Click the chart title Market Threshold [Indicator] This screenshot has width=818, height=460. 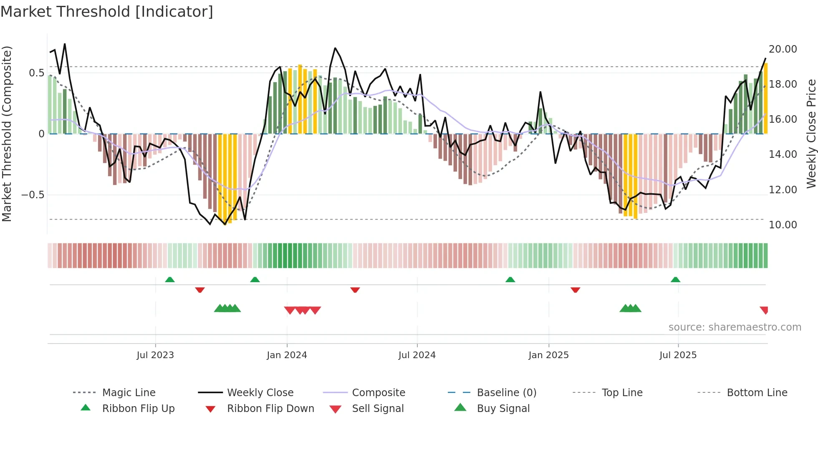click(x=107, y=12)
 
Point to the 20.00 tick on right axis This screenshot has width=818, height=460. click(x=783, y=49)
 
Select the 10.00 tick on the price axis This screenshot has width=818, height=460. click(x=783, y=225)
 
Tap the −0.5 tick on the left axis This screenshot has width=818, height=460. click(x=33, y=195)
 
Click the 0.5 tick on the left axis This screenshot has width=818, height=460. click(x=36, y=73)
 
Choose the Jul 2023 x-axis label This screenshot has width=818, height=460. click(x=155, y=355)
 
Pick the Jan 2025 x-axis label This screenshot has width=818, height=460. click(x=548, y=355)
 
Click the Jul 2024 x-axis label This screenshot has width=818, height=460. click(x=417, y=355)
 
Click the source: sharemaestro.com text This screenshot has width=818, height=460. click(x=735, y=327)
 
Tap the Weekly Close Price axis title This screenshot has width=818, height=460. click(x=811, y=134)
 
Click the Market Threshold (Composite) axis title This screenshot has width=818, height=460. click(x=7, y=134)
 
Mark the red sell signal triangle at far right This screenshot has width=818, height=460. click(x=764, y=310)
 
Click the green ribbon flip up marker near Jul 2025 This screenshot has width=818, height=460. click(x=675, y=280)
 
